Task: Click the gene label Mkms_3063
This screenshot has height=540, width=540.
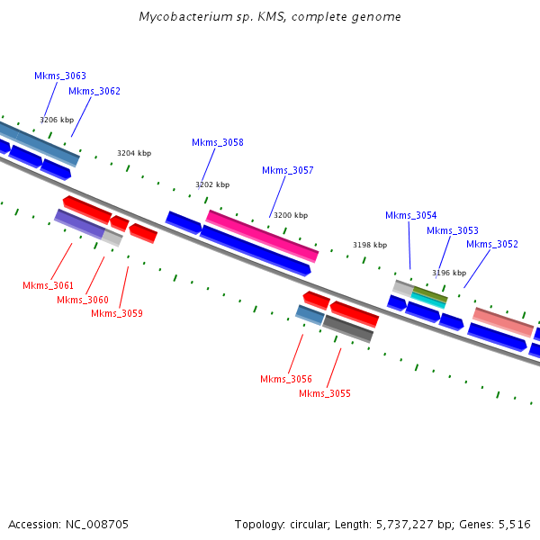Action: pos(60,76)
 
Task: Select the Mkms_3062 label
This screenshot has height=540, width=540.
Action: pos(94,91)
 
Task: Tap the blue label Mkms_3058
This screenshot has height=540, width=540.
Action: pos(218,142)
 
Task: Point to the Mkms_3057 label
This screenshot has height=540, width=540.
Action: pos(288,170)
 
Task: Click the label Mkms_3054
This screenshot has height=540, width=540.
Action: pos(411,215)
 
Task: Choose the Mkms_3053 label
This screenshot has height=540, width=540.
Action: pos(453,230)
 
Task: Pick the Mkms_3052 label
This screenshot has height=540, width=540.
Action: pos(492,244)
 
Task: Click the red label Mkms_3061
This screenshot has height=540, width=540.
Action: pos(49,285)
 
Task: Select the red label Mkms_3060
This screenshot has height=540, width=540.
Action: pos(83,300)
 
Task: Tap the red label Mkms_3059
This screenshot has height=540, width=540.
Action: pos(117,313)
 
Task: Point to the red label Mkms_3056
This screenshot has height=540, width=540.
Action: pos(286,379)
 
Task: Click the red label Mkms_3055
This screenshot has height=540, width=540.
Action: pos(325,393)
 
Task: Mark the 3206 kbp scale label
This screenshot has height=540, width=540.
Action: pos(57,120)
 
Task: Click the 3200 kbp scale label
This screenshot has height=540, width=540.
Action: pos(291,216)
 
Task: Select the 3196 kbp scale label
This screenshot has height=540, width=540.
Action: pos(449,273)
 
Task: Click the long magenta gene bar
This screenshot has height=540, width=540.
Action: pos(262,236)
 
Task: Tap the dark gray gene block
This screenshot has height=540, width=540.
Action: pos(348,328)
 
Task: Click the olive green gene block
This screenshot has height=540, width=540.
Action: pos(429,294)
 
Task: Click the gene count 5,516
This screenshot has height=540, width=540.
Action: pos(514,524)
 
